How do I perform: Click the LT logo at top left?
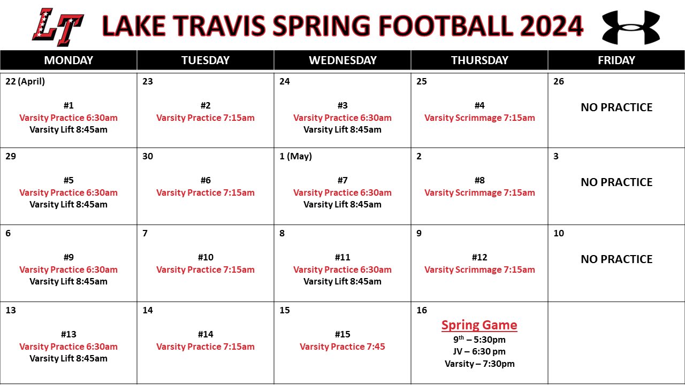58,27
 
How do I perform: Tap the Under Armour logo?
631,27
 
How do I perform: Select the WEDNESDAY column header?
342,60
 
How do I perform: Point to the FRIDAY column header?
616,60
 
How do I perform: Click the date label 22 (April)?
25,82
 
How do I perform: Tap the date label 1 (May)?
295,157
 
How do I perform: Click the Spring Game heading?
479,325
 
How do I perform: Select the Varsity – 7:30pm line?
479,364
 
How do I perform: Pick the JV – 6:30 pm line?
479,352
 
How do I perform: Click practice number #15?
342,334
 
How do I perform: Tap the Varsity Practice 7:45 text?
342,346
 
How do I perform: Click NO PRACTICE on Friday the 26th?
616,107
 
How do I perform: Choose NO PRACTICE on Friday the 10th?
616,259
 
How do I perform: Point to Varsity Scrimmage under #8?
479,192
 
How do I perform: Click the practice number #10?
205,257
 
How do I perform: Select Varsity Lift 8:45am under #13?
68,358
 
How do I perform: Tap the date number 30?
148,157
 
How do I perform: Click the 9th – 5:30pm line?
479,340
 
